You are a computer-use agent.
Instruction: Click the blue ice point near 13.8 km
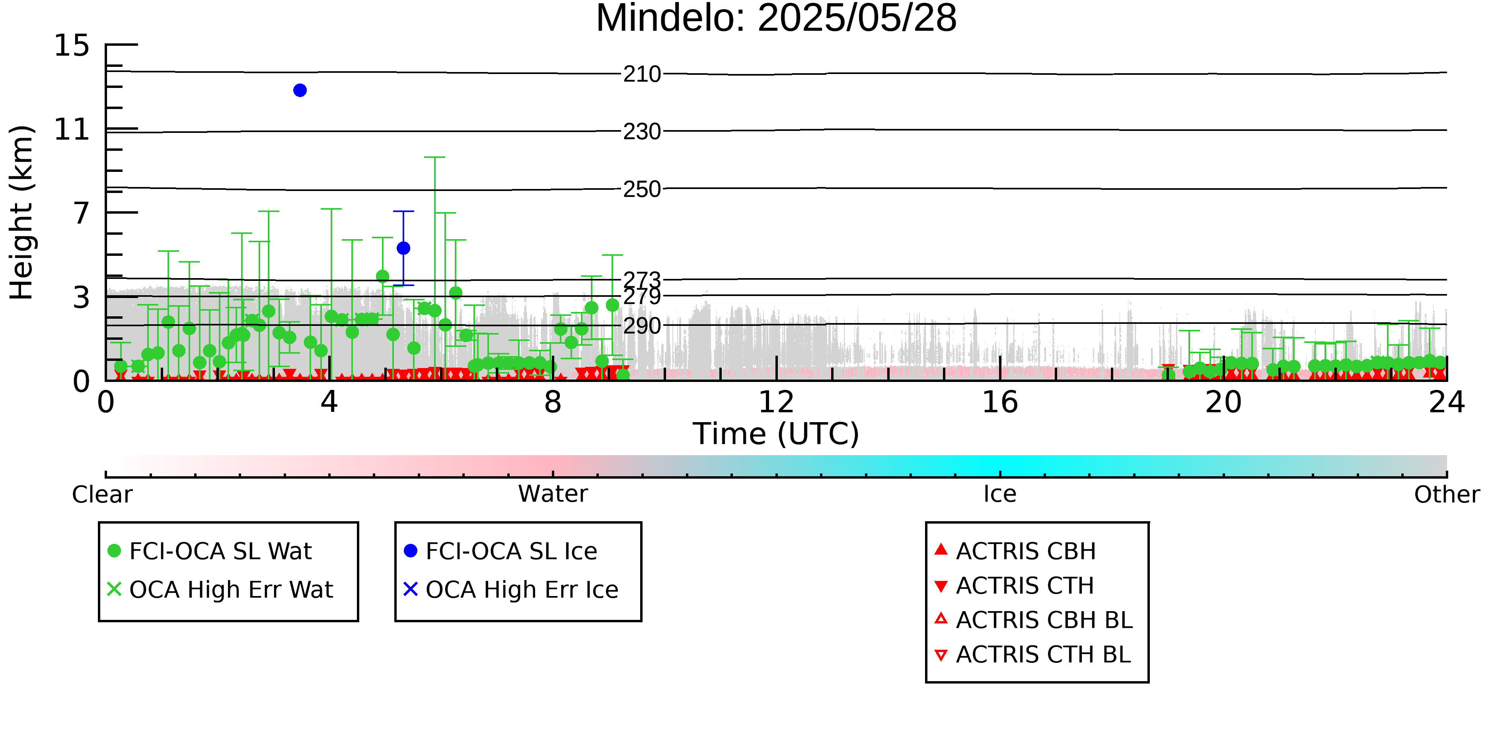click(x=300, y=90)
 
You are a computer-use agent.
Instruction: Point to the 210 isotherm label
click(x=642, y=74)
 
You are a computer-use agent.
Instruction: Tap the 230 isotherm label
click(x=642, y=131)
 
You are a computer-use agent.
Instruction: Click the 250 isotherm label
click(x=642, y=189)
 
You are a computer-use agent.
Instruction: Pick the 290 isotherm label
click(x=642, y=325)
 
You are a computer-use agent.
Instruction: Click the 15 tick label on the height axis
click(x=72, y=45)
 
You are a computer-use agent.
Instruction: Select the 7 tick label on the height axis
click(x=82, y=213)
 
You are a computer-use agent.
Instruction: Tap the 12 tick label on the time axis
click(x=776, y=402)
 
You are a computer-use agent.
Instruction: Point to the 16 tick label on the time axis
click(x=1000, y=402)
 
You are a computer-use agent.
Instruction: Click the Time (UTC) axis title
click(x=776, y=434)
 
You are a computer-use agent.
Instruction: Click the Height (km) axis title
click(x=22, y=212)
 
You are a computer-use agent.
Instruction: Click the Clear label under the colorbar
click(x=102, y=495)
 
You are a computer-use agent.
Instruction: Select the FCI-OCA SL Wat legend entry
click(x=210, y=551)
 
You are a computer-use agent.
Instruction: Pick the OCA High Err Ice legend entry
click(x=511, y=590)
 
